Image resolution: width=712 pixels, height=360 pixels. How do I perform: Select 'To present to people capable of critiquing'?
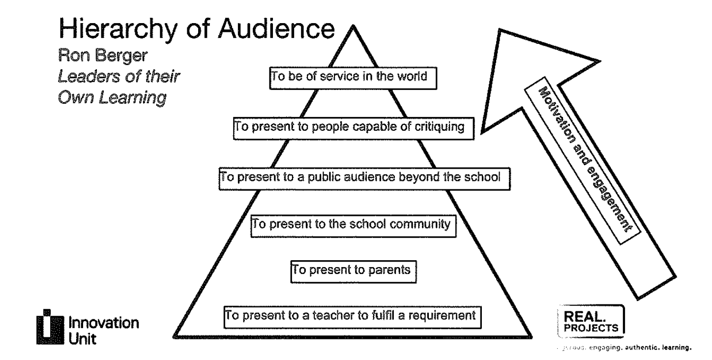355,127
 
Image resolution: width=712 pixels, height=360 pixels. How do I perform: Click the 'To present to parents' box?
353,270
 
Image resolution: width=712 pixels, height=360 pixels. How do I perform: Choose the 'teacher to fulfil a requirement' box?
352,314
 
